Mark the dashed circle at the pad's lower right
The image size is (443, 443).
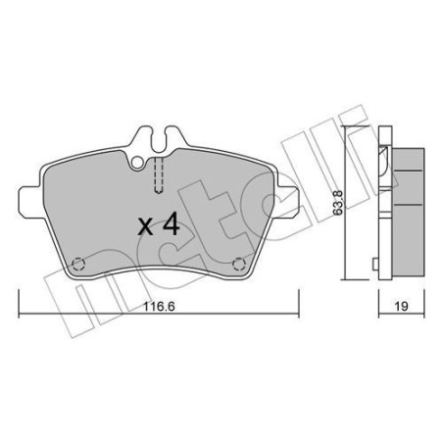coord(240,263)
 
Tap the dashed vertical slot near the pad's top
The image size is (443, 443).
coord(158,181)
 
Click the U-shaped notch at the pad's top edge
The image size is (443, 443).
coord(158,147)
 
